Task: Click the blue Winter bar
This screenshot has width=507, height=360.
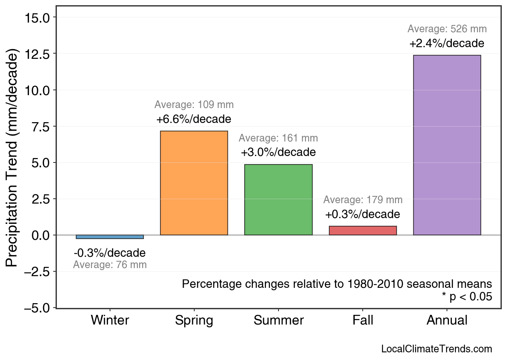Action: click(110, 237)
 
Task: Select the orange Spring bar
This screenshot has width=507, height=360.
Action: click(194, 183)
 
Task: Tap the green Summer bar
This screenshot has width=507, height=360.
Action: click(278, 200)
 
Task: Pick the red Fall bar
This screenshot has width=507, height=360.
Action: click(363, 231)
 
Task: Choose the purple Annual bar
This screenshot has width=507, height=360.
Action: click(447, 145)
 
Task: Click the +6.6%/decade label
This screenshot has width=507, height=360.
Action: click(194, 120)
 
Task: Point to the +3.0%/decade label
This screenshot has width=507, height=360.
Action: click(278, 153)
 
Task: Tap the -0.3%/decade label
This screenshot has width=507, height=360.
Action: click(110, 253)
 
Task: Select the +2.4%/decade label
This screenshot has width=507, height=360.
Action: click(447, 44)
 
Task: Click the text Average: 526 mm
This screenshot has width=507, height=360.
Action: click(447, 29)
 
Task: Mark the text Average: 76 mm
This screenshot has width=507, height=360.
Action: click(110, 265)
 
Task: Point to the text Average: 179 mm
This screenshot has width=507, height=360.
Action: click(363, 200)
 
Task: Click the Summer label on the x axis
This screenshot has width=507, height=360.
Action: click(278, 320)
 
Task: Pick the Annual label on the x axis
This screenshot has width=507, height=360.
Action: click(447, 320)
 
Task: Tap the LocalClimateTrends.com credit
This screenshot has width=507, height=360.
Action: click(436, 349)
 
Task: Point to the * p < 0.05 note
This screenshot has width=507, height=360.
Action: click(467, 297)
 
